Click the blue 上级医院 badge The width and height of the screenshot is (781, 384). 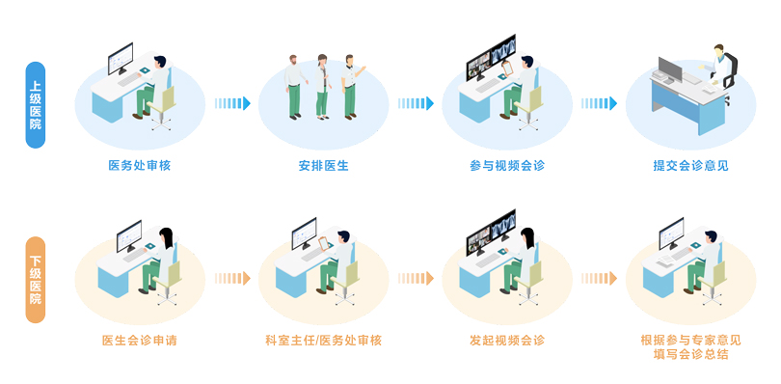[x=36, y=104]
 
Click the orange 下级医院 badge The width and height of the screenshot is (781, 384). [x=36, y=279]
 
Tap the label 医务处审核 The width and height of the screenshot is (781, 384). [x=140, y=166]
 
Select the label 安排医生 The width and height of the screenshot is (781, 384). [x=324, y=166]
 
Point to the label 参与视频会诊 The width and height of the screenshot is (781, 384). [x=507, y=166]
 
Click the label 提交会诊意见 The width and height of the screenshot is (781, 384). [x=690, y=166]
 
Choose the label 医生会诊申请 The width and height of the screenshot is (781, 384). [x=139, y=341]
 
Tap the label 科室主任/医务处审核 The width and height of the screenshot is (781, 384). [x=324, y=341]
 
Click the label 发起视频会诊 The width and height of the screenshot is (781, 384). [x=507, y=341]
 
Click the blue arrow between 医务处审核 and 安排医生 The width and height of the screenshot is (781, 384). [x=231, y=103]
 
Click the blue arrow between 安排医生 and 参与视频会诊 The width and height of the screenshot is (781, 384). [x=416, y=103]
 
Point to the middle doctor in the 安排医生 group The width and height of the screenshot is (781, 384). [x=323, y=84]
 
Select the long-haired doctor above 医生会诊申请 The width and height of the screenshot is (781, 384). [x=167, y=257]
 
